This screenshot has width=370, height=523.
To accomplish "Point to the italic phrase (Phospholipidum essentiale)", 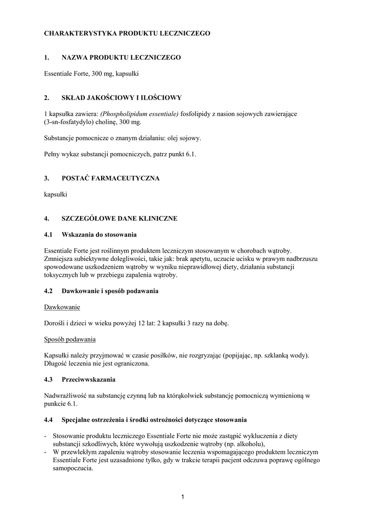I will coord(139,113).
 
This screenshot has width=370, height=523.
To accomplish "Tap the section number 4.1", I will coord(48,234).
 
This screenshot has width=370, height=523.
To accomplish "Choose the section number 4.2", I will coord(48,291).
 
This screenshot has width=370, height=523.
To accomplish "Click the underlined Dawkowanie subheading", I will coord(62,307).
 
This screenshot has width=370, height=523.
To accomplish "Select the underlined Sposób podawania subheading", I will coord(70,339).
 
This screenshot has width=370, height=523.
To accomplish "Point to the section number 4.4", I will coord(48,420).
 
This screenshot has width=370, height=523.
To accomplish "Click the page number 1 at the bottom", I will coord(182,497).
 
